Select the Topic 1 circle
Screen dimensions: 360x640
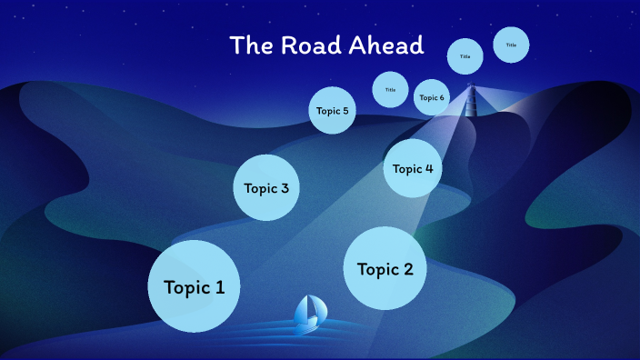click(194, 286)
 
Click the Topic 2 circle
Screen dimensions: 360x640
click(385, 269)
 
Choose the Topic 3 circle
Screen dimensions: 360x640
click(266, 188)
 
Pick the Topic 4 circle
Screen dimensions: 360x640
click(413, 168)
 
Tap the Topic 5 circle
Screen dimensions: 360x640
click(332, 111)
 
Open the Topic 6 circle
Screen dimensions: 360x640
click(431, 97)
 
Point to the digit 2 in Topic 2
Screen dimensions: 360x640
click(408, 269)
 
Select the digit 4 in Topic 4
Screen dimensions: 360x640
click(428, 168)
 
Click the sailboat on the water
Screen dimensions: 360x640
click(308, 312)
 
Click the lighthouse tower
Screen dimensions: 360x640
click(470, 102)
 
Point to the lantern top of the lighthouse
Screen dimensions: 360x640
click(470, 86)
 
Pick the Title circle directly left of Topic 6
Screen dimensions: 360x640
click(390, 89)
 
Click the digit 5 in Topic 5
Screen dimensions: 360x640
click(345, 111)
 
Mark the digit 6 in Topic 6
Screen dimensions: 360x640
click(442, 97)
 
